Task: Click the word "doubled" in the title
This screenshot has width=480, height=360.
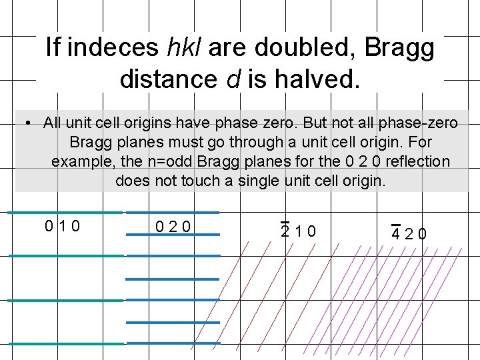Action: tap(299, 48)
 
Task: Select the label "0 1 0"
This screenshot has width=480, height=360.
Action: tap(62, 226)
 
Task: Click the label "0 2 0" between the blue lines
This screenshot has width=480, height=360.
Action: tap(173, 227)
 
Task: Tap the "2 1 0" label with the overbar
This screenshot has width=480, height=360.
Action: tap(298, 231)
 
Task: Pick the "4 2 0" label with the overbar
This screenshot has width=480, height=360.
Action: tap(409, 234)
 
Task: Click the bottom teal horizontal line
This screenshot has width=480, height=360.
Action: tap(65, 344)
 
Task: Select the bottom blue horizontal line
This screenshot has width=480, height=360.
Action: tap(173, 343)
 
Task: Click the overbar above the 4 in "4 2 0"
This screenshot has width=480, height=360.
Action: tap(395, 225)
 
